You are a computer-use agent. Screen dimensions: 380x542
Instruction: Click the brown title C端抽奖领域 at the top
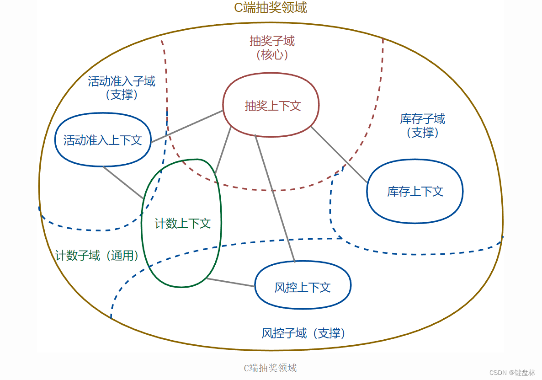point(271,8)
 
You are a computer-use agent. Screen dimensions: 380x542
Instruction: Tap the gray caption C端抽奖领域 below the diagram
point(270,368)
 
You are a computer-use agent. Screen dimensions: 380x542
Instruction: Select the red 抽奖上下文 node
point(272,106)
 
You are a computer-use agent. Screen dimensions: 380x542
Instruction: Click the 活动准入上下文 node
point(103,140)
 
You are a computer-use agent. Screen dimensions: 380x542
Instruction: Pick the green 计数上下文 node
point(182,224)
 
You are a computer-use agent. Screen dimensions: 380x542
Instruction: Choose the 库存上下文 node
point(415,191)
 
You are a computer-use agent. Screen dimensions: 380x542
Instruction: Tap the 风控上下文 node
point(303,287)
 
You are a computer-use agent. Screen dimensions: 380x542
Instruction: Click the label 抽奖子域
point(272,41)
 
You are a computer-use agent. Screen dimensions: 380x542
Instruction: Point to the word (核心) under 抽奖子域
point(272,55)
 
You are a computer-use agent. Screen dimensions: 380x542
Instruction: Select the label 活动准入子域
point(122,81)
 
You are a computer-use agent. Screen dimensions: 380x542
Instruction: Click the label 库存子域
point(422,119)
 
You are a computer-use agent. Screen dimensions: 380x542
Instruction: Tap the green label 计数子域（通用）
point(97,255)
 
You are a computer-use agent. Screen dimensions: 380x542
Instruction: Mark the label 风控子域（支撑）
point(304,333)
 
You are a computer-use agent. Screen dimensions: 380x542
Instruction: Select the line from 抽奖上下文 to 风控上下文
point(275,198)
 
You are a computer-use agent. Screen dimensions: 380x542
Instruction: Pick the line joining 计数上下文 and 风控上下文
point(231,283)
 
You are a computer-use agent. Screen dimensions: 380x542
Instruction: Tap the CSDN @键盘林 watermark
point(512,373)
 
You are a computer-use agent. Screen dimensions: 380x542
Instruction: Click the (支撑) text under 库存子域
point(422,133)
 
